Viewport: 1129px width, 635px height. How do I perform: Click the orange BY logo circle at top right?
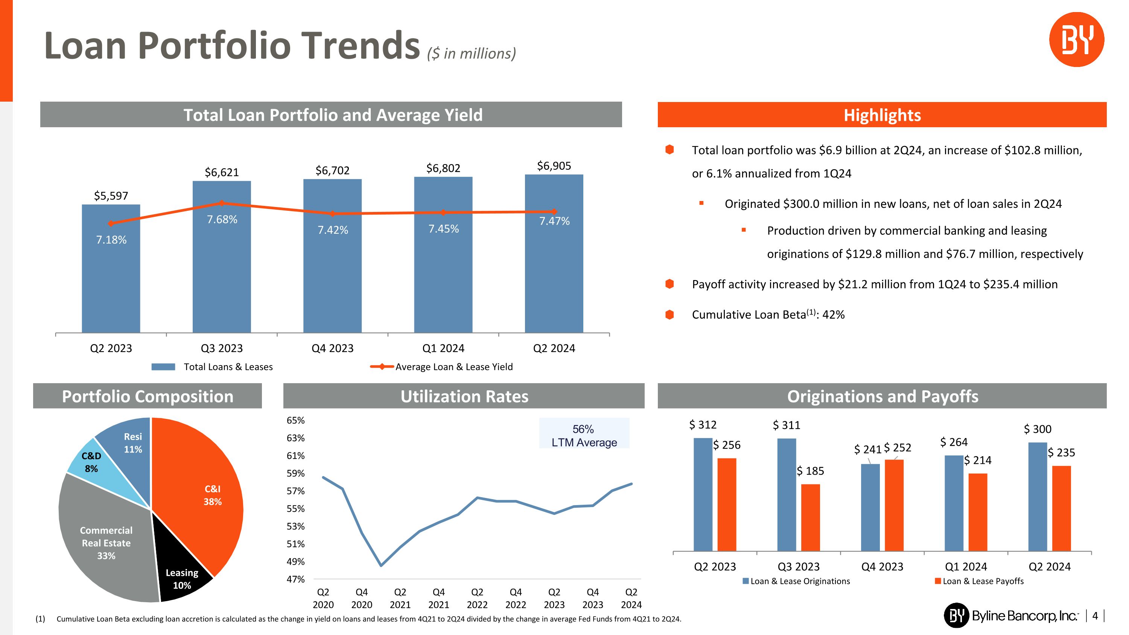(1076, 40)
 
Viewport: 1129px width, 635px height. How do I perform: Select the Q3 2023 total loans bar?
(221, 272)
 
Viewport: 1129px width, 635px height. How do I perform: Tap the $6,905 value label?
(554, 166)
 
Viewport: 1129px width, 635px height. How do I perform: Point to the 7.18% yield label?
(111, 240)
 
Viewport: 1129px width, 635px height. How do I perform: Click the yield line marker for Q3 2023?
(221, 203)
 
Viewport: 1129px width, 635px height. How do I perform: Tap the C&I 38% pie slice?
(206, 495)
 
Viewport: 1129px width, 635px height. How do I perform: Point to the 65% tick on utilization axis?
(295, 420)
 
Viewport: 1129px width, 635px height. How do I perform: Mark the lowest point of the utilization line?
(381, 565)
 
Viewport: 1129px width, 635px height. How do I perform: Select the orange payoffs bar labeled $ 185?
(810, 517)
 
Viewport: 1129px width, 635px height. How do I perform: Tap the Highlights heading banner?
(882, 115)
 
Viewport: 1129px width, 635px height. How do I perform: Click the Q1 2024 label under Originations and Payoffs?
(966, 566)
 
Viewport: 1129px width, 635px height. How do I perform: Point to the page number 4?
(1095, 616)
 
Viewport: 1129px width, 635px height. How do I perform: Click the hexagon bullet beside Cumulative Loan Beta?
(669, 315)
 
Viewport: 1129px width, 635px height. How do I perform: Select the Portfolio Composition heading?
(148, 396)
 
